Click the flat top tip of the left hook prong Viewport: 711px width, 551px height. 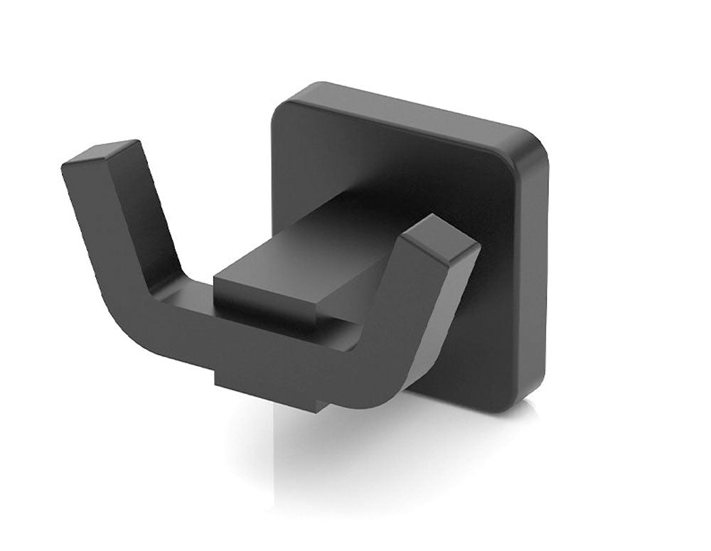click(101, 153)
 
